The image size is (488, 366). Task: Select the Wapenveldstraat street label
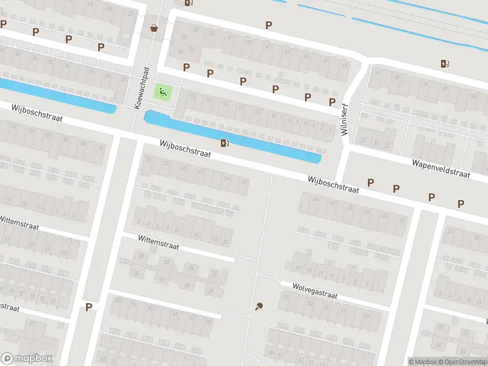(440, 169)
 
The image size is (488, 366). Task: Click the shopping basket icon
(154, 27)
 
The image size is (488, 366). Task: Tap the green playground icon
(162, 92)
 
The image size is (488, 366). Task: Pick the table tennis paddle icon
(259, 306)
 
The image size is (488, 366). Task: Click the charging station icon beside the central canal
(224, 143)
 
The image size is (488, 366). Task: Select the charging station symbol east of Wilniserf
(445, 63)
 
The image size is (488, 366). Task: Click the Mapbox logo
(27, 358)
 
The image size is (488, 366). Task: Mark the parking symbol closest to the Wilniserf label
(332, 102)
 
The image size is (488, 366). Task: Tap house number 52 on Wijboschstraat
(245, 182)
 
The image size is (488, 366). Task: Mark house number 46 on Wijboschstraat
(315, 198)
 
